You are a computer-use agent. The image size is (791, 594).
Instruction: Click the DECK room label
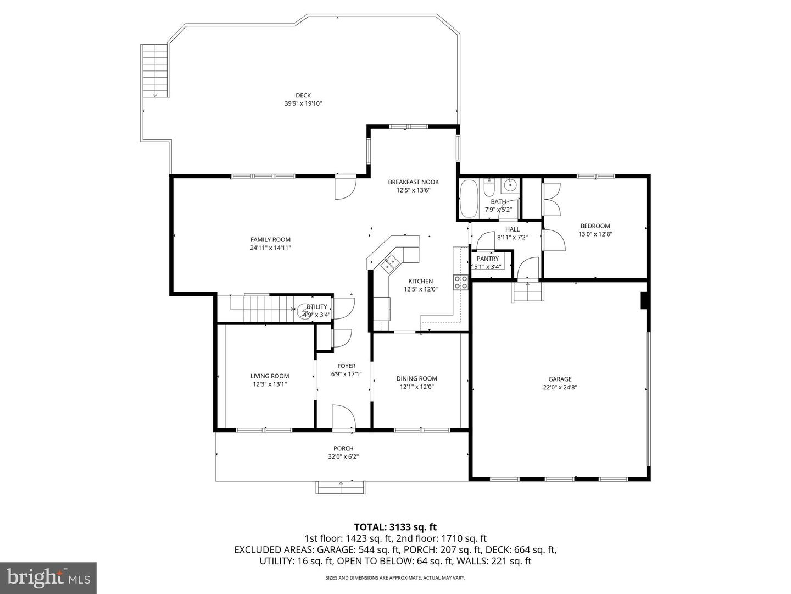tap(303, 96)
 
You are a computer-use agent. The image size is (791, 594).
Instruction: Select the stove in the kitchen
tap(460, 283)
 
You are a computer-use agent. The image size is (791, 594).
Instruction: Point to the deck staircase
tap(155, 71)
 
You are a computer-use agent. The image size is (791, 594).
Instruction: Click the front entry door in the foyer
tap(344, 417)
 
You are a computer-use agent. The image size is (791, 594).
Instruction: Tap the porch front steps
tap(341, 487)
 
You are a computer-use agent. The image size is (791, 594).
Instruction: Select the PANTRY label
tap(487, 258)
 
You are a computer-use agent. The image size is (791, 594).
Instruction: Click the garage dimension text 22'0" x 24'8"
tap(560, 387)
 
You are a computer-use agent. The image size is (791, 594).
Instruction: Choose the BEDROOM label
tap(595, 226)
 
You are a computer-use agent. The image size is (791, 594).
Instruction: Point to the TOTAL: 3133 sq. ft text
tap(395, 527)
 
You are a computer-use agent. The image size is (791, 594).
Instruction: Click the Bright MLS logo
tap(48, 577)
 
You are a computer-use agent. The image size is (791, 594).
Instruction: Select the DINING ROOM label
tap(416, 378)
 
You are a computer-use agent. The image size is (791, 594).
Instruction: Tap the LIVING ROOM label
tap(270, 376)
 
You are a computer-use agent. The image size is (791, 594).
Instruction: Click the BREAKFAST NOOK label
tap(413, 182)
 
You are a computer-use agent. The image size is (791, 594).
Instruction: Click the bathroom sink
tap(510, 184)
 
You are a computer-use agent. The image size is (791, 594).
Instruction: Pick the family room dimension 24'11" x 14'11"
tap(270, 248)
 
